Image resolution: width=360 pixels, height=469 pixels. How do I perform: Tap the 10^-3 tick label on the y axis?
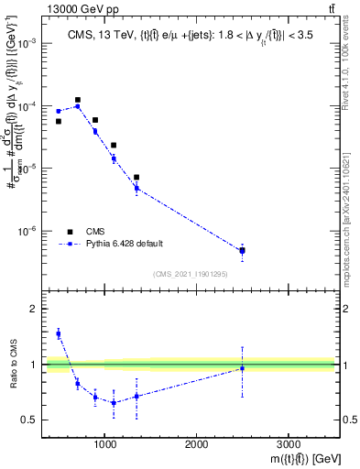click(x=29, y=44)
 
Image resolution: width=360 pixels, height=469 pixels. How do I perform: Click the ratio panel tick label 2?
click(x=34, y=310)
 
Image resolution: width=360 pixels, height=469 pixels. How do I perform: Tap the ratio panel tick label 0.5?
click(x=29, y=420)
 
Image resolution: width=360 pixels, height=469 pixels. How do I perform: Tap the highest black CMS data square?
click(x=78, y=100)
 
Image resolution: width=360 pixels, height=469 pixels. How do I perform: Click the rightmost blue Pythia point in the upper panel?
click(x=242, y=251)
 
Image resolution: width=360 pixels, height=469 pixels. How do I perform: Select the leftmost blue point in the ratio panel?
click(x=59, y=334)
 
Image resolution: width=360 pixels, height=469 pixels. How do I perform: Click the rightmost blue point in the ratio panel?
click(x=242, y=368)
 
